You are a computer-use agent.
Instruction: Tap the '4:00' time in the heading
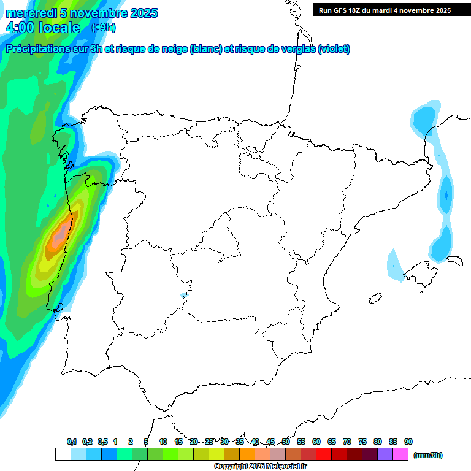point(18,28)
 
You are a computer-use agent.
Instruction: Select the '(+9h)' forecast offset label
point(103,28)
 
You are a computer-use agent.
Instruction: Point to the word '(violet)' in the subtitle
point(334,49)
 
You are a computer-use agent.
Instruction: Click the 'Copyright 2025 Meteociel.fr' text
point(260,467)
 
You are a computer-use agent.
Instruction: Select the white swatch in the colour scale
point(63,454)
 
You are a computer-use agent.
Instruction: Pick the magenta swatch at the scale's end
point(400,454)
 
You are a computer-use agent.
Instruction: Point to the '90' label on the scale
point(408,442)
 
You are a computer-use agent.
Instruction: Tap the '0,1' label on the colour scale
point(71,442)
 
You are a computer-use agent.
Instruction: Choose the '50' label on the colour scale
point(286,442)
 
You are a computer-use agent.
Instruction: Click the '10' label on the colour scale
point(163,442)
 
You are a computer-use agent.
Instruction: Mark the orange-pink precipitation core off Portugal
point(61,233)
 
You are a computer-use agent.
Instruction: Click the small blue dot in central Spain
point(183,296)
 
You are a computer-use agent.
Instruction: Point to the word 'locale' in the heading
point(59,28)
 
